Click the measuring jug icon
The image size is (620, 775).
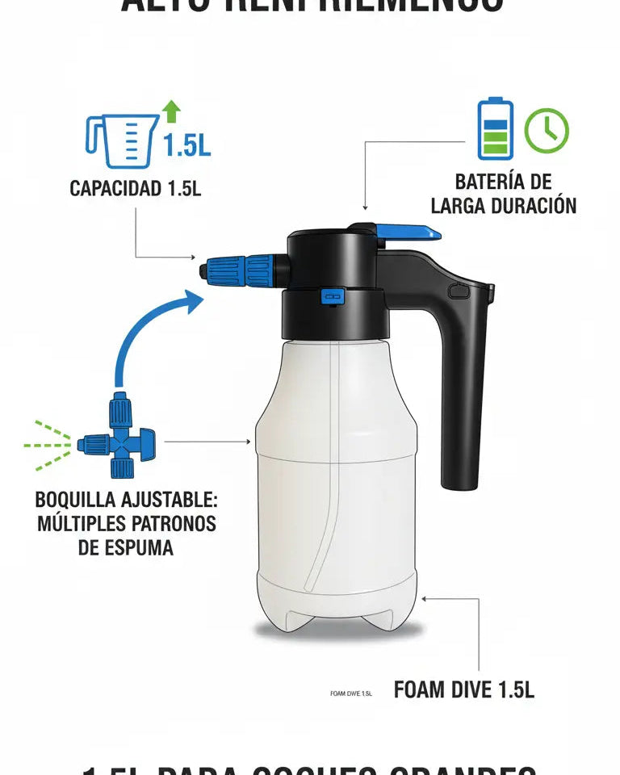tap(121, 140)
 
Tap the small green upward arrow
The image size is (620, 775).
tap(171, 111)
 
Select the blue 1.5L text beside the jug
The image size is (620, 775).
tap(186, 145)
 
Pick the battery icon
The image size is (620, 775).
tap(494, 129)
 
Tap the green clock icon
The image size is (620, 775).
tap(547, 130)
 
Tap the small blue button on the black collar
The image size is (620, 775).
tap(331, 297)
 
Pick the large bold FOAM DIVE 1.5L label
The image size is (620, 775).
tap(463, 689)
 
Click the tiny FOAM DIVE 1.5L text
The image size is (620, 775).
tap(351, 693)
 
